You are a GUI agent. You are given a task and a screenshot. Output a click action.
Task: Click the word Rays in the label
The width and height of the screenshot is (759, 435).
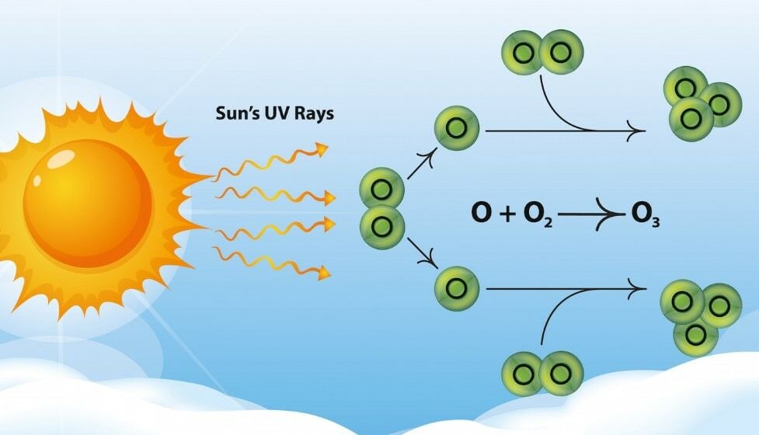click(314, 113)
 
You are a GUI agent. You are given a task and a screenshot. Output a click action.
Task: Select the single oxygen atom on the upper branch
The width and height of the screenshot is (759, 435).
click(457, 129)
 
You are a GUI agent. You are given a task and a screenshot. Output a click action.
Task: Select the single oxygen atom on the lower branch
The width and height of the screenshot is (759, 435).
click(457, 289)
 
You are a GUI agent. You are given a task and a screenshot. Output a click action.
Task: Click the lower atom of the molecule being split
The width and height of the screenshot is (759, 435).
click(381, 226)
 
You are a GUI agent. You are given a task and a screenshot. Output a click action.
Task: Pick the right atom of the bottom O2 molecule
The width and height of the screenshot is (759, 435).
click(561, 374)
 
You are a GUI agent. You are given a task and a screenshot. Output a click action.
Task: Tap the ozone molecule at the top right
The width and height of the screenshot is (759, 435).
click(700, 103)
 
